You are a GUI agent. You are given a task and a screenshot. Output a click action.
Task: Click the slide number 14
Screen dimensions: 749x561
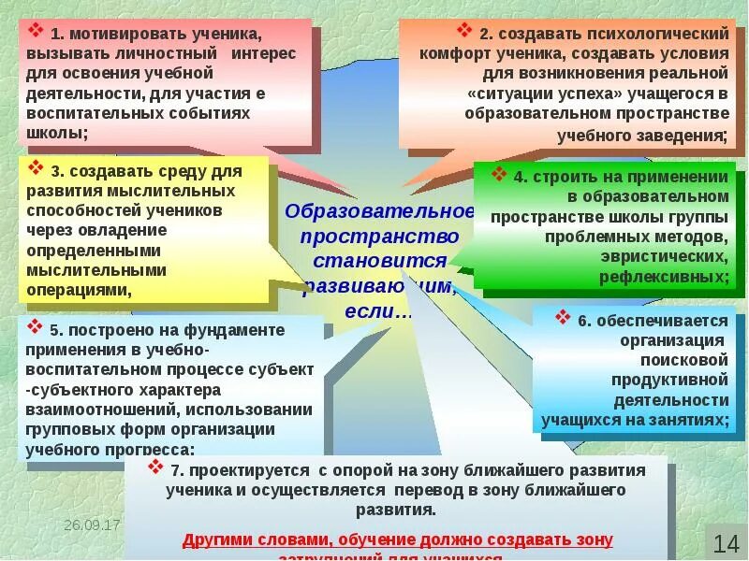pos(726,542)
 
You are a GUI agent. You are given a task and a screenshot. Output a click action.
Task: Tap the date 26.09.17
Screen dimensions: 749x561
pos(93,525)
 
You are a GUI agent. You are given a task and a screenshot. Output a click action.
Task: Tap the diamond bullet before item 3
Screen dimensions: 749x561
pos(37,169)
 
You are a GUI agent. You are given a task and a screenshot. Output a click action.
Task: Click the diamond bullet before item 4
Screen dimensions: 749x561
pos(498,176)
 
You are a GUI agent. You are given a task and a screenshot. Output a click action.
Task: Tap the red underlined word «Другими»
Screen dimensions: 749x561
pos(217,539)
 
